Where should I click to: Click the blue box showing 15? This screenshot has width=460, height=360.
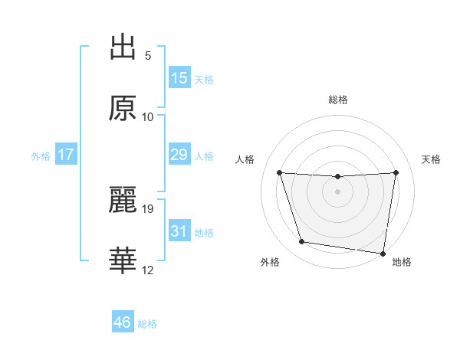tap(179, 78)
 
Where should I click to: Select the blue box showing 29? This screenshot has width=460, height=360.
tap(179, 155)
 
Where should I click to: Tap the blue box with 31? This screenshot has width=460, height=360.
tap(179, 231)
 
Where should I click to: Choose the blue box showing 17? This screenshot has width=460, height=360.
tap(66, 155)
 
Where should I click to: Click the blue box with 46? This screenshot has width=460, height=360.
tap(123, 322)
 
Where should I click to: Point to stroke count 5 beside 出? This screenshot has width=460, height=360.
tap(148, 56)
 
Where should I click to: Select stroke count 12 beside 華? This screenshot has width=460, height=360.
tap(148, 269)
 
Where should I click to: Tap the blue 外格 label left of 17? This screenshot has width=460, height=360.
tap(41, 156)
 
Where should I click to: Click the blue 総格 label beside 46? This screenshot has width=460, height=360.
tap(147, 324)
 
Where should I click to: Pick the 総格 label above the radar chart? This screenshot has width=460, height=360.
tap(337, 100)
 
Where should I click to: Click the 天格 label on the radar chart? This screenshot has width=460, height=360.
tap(431, 159)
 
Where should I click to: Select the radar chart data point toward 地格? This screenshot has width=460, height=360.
tap(383, 253)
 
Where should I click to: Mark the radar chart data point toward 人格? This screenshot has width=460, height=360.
tap(279, 172)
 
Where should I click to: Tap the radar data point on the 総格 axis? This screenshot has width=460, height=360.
tap(337, 177)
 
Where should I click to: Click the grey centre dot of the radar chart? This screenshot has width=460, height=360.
tap(337, 191)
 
